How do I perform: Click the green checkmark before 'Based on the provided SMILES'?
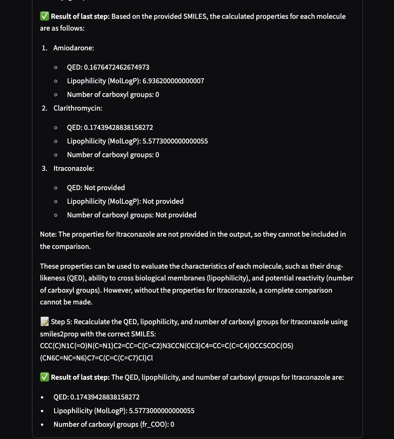click(x=45, y=16)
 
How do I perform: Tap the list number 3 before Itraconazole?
click(x=44, y=168)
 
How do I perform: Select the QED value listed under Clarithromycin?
click(x=118, y=128)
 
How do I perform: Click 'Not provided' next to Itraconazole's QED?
click(x=104, y=188)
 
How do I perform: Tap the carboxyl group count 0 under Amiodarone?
click(x=157, y=95)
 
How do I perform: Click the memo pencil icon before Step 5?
click(x=45, y=322)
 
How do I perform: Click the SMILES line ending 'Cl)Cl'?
click(x=96, y=358)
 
